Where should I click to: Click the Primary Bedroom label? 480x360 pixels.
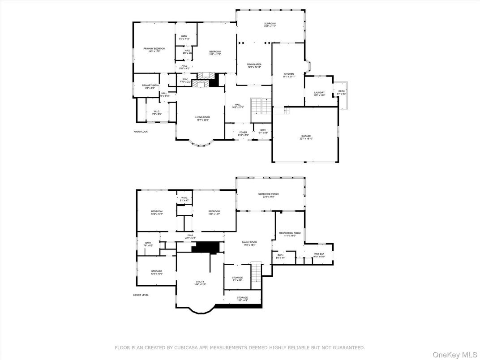[x=154, y=50]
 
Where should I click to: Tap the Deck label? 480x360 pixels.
[x=342, y=92]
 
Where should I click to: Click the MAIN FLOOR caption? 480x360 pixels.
[x=140, y=132]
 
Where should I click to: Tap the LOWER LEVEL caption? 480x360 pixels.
[x=141, y=295]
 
